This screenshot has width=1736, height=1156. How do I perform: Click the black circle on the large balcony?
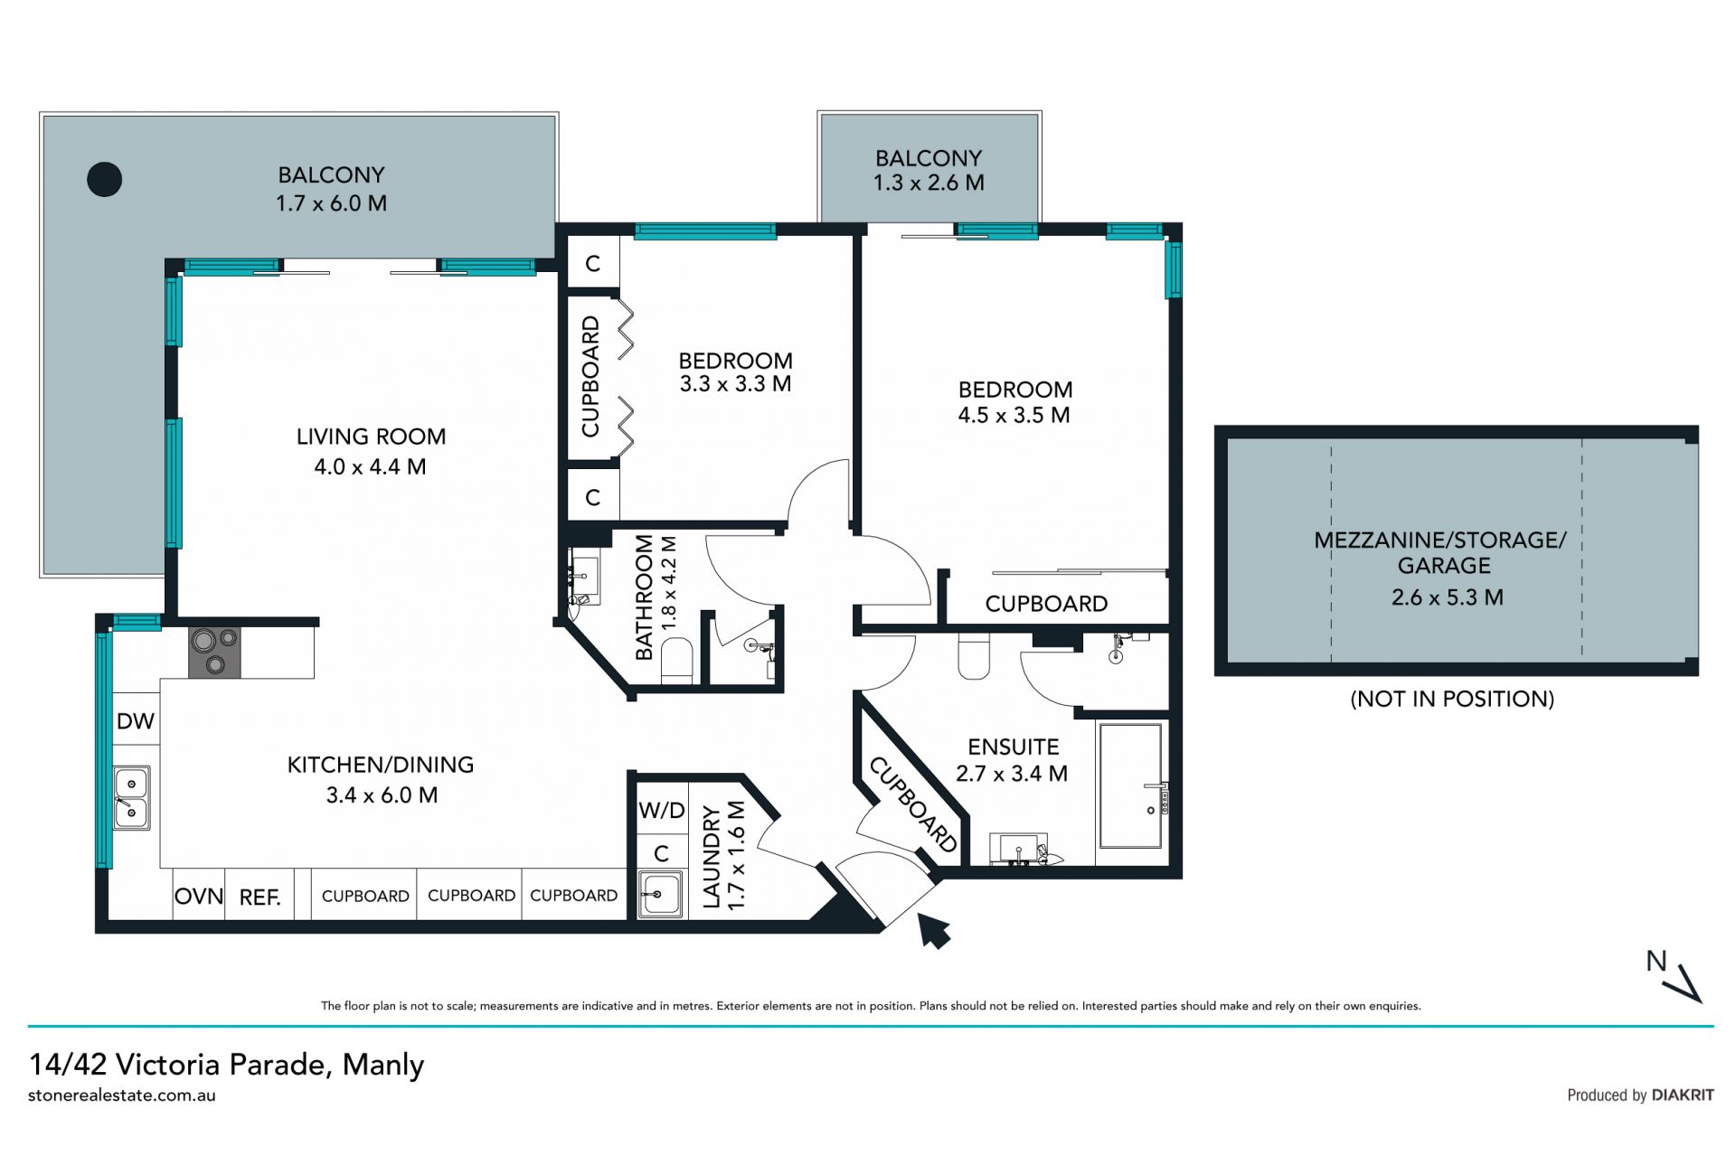(104, 179)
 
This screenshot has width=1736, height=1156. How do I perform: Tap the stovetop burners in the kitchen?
(214, 653)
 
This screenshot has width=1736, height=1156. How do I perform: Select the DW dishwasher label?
(136, 721)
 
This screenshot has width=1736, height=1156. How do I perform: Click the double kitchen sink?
(132, 798)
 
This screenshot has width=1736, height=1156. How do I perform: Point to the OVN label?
(199, 897)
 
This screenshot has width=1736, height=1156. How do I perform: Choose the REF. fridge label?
(259, 898)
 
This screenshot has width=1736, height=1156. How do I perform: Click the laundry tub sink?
(660, 894)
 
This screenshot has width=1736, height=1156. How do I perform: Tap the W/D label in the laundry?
(662, 810)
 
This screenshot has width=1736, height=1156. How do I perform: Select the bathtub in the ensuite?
(1130, 785)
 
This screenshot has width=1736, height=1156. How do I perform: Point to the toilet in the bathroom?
(677, 659)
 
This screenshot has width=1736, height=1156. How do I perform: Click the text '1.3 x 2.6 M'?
(929, 183)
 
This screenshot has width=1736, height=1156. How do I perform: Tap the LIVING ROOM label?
(372, 437)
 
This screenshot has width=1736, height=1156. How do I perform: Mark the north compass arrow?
(1687, 984)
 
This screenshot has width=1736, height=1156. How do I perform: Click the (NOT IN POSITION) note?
(1452, 699)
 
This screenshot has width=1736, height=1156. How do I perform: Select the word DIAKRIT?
(1683, 1095)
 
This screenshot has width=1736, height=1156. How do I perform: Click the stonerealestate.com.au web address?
(122, 1095)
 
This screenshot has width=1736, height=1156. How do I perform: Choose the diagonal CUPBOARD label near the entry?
(913, 804)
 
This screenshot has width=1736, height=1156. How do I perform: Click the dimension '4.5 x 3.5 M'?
(1014, 415)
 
